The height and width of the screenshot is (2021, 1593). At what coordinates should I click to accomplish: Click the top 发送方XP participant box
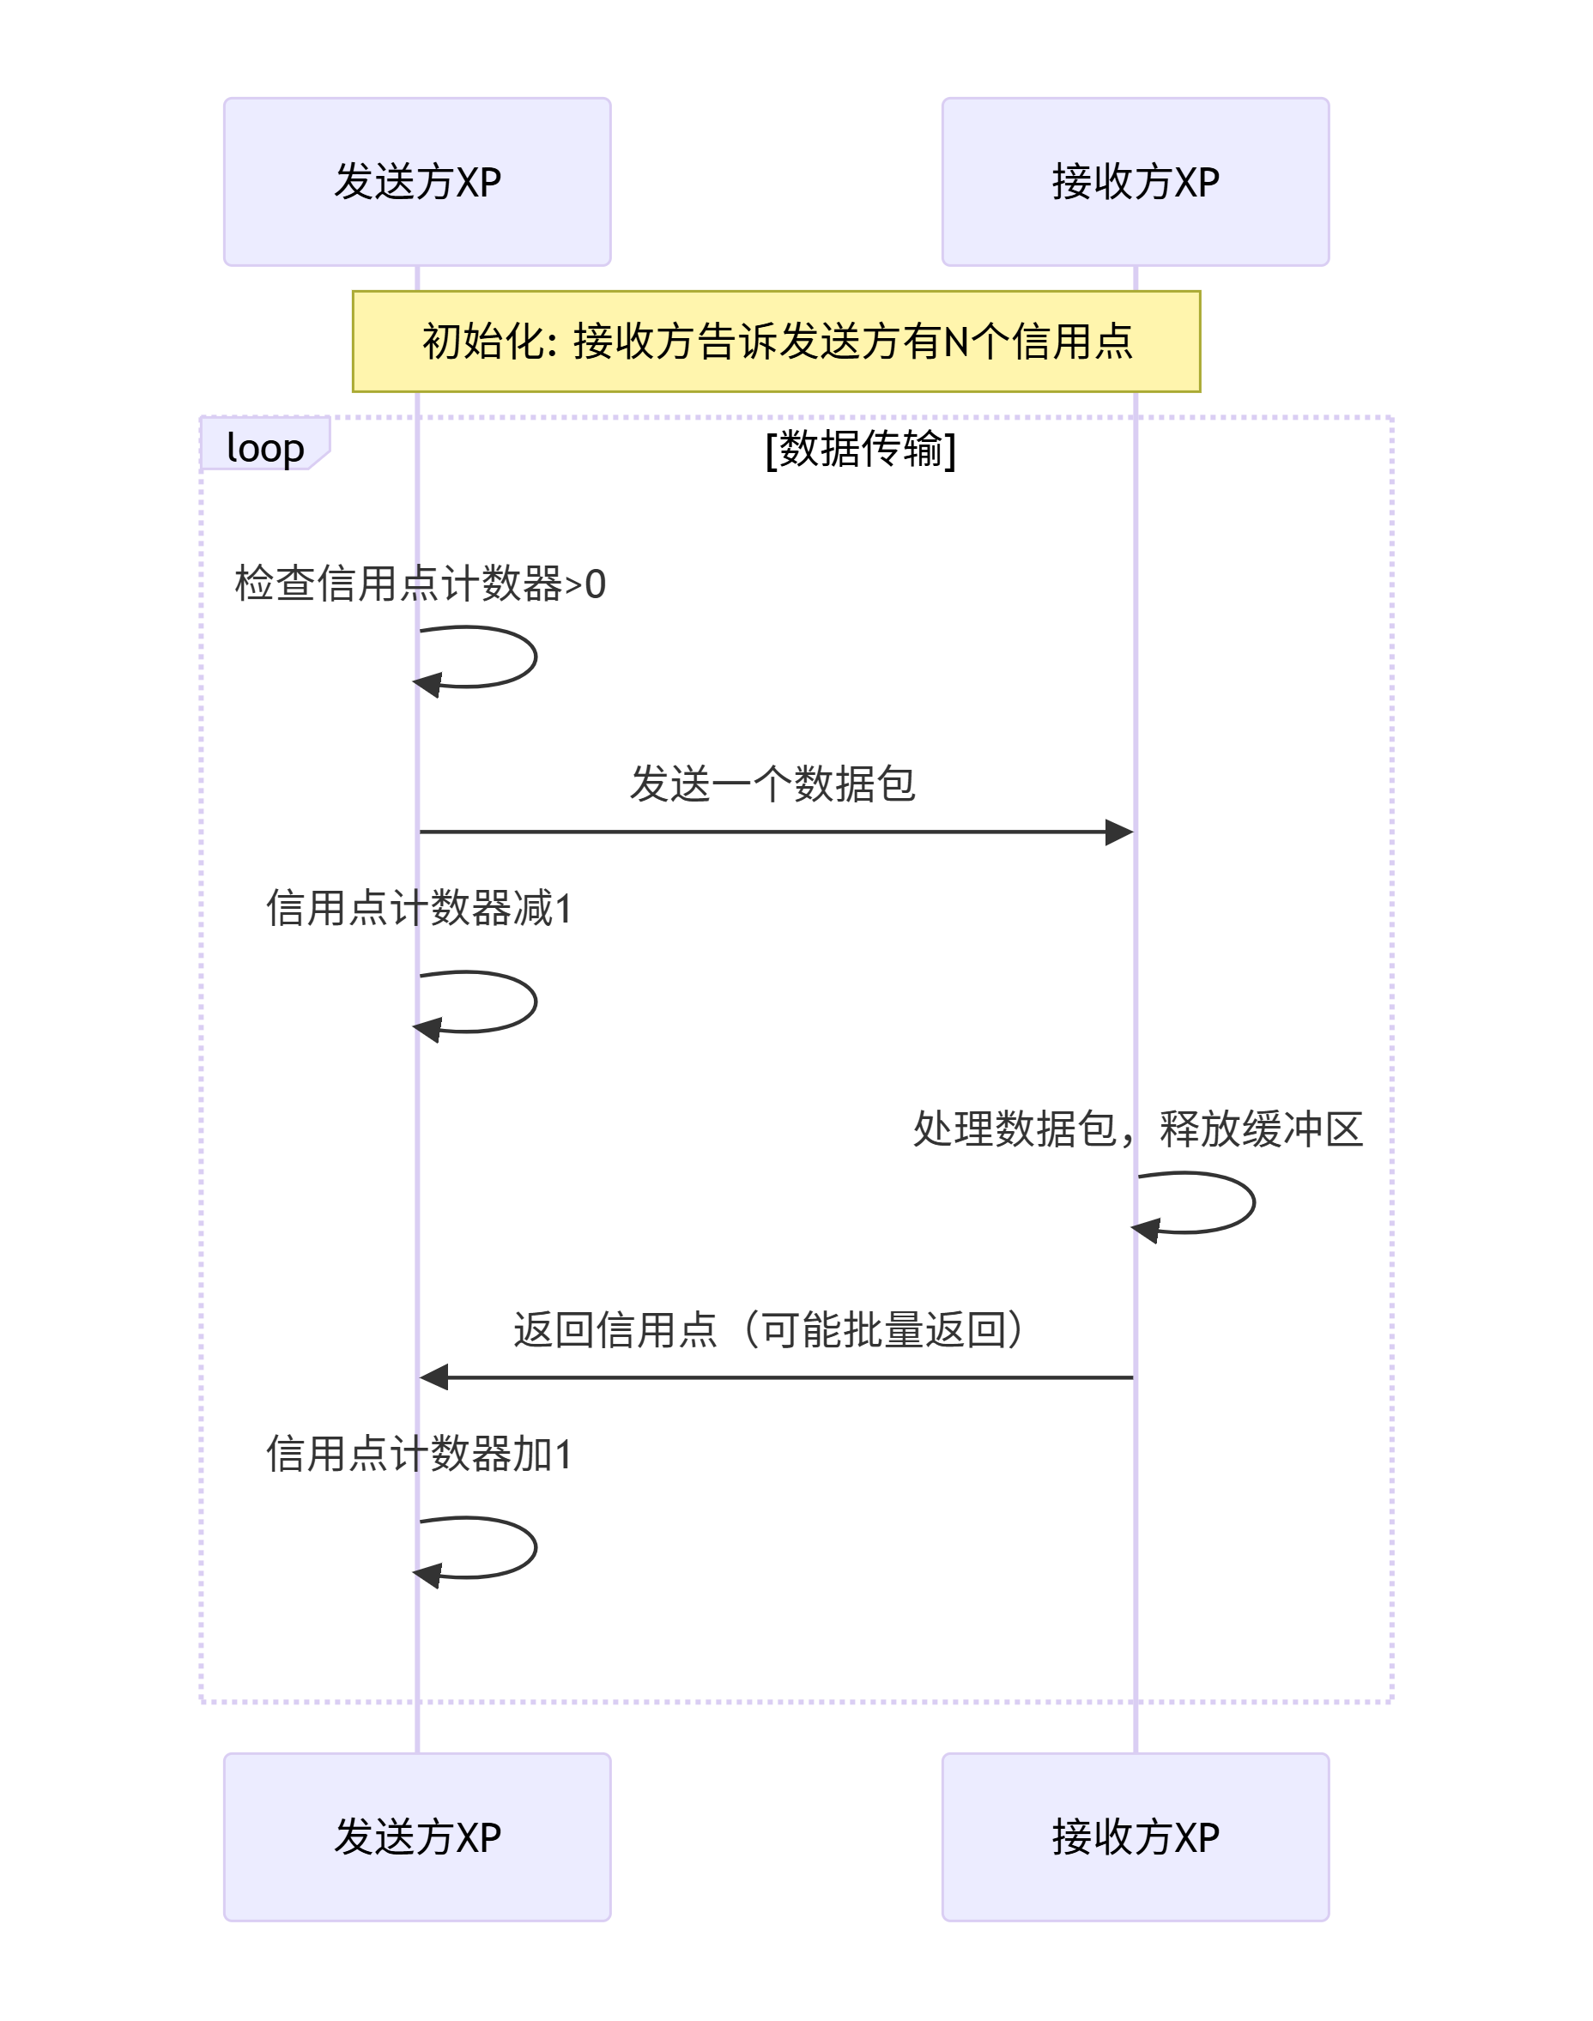pos(417,182)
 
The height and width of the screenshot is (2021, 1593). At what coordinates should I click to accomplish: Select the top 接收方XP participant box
pos(1135,182)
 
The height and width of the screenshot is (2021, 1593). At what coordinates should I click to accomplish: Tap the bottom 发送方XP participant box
pos(417,1836)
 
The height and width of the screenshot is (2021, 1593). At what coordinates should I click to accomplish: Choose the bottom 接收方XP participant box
pos(1135,1836)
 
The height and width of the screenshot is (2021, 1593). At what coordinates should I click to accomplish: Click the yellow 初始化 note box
pos(776,342)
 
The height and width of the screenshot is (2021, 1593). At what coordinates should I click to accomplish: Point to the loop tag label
pos(265,448)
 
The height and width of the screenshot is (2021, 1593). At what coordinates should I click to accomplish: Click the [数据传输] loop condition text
pos(860,449)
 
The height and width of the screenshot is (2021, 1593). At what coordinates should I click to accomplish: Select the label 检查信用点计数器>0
pos(420,584)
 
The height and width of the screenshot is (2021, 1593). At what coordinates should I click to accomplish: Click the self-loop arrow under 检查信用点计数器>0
pos(534,657)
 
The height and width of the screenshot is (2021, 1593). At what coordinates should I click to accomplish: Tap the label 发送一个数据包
pos(772,784)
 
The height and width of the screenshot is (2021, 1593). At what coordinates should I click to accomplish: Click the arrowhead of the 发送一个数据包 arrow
pos(1119,832)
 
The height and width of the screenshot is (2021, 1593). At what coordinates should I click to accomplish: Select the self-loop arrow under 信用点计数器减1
pos(534,1002)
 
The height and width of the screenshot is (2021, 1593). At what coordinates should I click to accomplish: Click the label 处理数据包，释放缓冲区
pos(1137,1128)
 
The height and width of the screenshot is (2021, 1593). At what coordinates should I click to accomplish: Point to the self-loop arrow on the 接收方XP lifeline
pos(1251,1203)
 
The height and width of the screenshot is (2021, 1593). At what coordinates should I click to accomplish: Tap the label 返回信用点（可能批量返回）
pos(772,1329)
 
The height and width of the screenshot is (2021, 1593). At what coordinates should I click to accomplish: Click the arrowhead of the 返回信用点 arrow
pos(433,1377)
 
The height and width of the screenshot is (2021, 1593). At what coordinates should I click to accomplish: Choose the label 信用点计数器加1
pos(419,1453)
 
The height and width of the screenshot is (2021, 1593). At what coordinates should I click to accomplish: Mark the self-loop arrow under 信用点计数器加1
pos(534,1548)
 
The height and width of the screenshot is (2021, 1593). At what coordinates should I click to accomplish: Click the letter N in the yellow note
pos(956,342)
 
